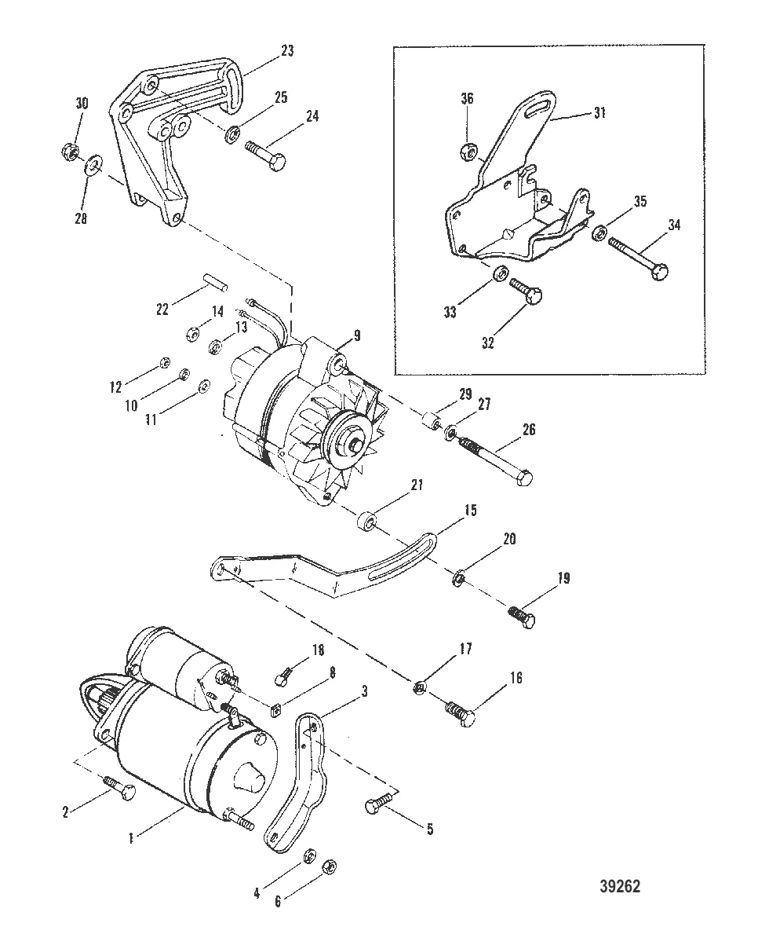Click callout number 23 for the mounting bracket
pyautogui.click(x=288, y=51)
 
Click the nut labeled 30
pyautogui.click(x=67, y=149)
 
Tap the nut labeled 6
pyautogui.click(x=330, y=865)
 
